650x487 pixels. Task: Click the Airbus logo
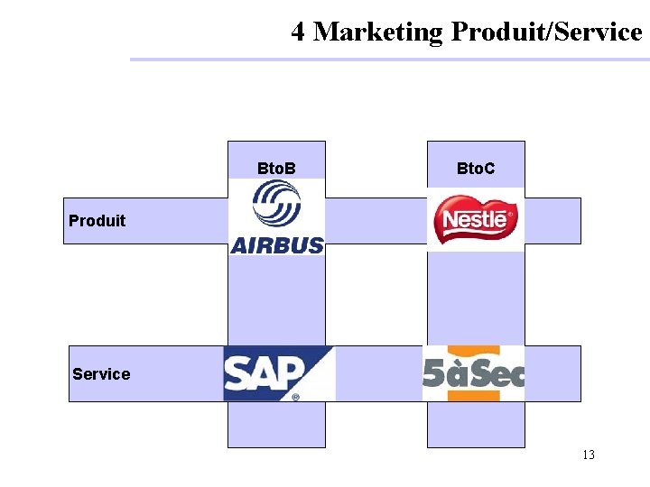(277, 216)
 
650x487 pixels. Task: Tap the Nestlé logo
(476, 220)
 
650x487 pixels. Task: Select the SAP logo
(278, 372)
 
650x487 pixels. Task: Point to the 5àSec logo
(474, 372)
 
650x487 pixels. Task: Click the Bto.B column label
(276, 169)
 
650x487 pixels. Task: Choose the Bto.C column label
(476, 169)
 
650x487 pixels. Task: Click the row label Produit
(97, 221)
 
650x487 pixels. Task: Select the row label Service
(101, 374)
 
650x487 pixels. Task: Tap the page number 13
(588, 455)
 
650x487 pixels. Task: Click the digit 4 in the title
(298, 32)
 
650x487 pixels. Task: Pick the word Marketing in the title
(378, 32)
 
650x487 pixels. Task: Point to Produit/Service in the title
(546, 32)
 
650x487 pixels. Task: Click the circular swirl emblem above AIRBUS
(276, 204)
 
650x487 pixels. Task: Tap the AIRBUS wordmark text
(277, 244)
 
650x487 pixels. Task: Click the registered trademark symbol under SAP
(295, 396)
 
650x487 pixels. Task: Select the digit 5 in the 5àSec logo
(434, 372)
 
